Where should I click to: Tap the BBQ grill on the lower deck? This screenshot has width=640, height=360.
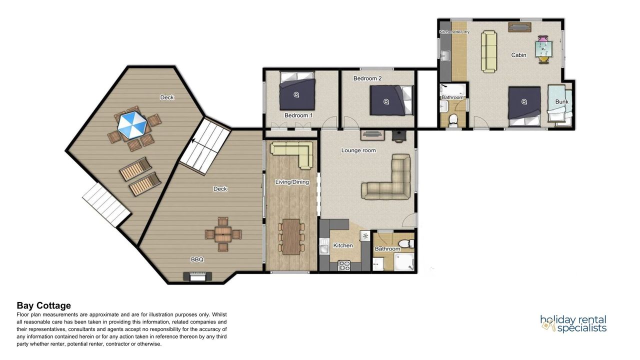[x=197, y=276]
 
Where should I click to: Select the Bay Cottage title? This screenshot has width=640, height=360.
[x=43, y=305]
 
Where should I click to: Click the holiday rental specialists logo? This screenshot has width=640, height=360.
[x=573, y=323]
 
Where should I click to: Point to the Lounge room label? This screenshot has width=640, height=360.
[x=358, y=150]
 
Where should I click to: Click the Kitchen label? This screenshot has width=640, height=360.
[x=343, y=245]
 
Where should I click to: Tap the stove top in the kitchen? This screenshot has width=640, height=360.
[x=344, y=265]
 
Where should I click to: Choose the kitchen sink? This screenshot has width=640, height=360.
[x=324, y=246]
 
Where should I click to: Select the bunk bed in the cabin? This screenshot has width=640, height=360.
[x=559, y=105]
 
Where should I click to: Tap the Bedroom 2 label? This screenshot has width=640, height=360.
[x=367, y=78]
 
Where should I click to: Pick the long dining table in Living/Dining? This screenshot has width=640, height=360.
[x=291, y=236]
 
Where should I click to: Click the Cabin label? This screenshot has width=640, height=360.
[x=518, y=55]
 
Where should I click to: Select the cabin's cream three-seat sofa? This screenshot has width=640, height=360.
[x=489, y=51]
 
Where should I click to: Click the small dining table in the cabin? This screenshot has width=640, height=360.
[x=543, y=49]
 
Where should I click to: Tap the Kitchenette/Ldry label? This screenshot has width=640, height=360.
[x=454, y=31]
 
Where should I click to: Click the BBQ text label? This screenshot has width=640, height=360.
[x=197, y=259]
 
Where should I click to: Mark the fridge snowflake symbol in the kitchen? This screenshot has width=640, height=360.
[x=365, y=236]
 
